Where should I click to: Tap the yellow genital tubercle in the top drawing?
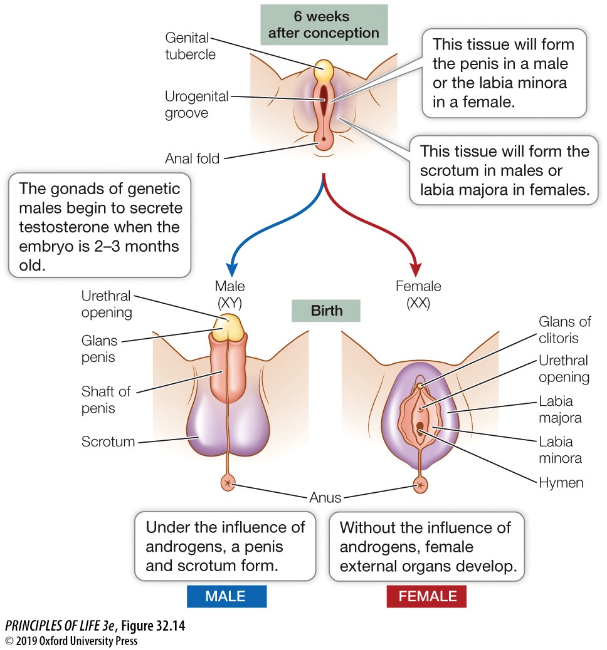(x=324, y=71)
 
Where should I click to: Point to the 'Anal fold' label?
(x=192, y=158)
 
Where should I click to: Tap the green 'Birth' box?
(x=325, y=311)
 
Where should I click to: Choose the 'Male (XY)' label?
(x=230, y=295)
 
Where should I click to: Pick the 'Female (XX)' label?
(x=418, y=295)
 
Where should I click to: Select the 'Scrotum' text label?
(x=108, y=441)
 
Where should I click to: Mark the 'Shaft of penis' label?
(x=105, y=400)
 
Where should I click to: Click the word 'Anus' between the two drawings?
(x=325, y=498)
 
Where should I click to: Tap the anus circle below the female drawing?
(x=420, y=484)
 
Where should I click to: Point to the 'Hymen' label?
(x=561, y=483)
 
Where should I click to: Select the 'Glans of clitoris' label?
(x=564, y=330)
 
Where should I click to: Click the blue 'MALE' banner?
(x=226, y=596)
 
